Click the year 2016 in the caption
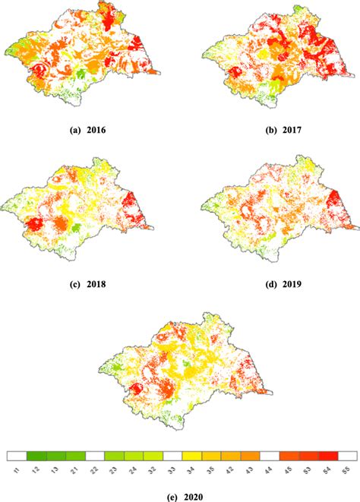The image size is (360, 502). [x=96, y=130]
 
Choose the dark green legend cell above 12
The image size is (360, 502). [x=36, y=456]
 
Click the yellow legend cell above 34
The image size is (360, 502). [x=192, y=456]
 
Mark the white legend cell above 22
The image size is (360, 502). [x=94, y=456]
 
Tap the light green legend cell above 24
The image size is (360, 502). [x=134, y=456]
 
